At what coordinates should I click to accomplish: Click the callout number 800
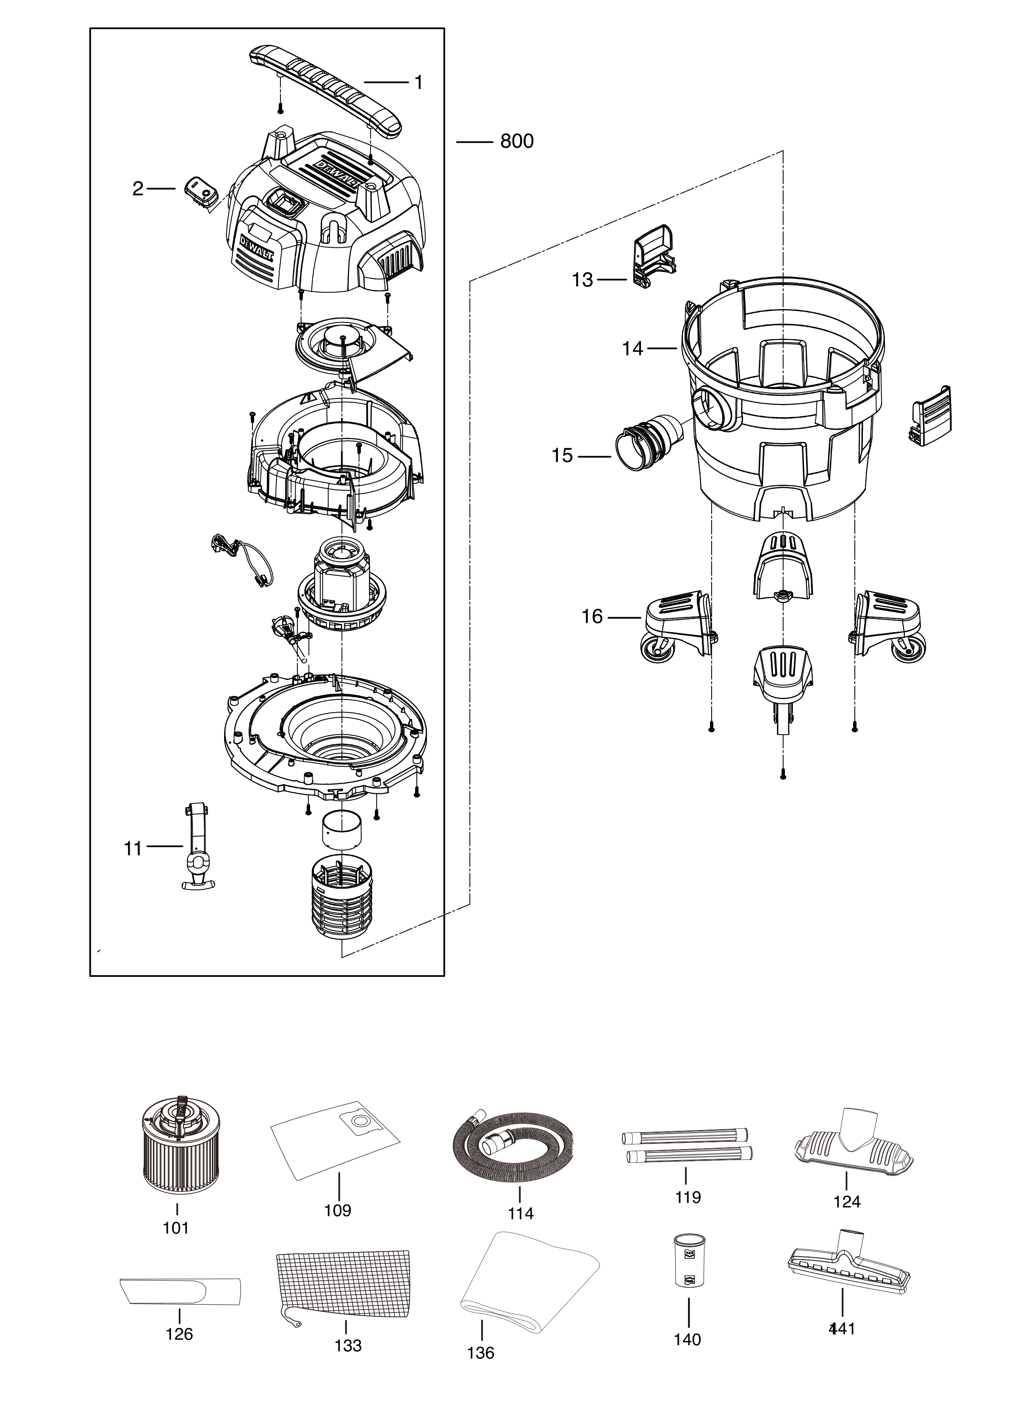tap(516, 141)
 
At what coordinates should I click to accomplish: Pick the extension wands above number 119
tap(687, 1146)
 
